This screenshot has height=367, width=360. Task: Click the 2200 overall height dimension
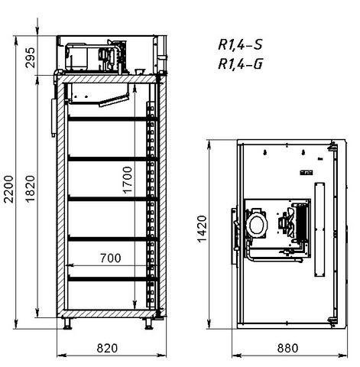[8, 189]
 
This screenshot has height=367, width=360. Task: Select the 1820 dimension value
[31, 189]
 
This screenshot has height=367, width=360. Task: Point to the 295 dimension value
[31, 57]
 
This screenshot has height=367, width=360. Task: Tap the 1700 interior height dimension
[128, 180]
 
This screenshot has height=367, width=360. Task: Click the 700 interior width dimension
[110, 258]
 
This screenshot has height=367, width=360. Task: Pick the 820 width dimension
[107, 348]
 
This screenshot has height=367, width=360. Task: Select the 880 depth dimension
[287, 348]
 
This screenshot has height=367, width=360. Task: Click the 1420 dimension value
[202, 229]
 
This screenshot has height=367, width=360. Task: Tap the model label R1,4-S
[240, 44]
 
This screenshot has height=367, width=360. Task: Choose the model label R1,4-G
[240, 63]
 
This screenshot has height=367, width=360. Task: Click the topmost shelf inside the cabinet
[113, 119]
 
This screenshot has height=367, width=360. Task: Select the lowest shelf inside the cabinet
[113, 279]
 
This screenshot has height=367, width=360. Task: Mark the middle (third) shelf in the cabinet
[113, 199]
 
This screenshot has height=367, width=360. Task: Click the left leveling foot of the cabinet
[67, 323]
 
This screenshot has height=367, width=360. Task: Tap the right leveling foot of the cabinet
[148, 323]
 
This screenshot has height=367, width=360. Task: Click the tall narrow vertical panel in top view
[319, 229]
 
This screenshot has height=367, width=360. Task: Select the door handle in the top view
[235, 235]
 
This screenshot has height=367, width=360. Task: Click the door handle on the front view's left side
[54, 118]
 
